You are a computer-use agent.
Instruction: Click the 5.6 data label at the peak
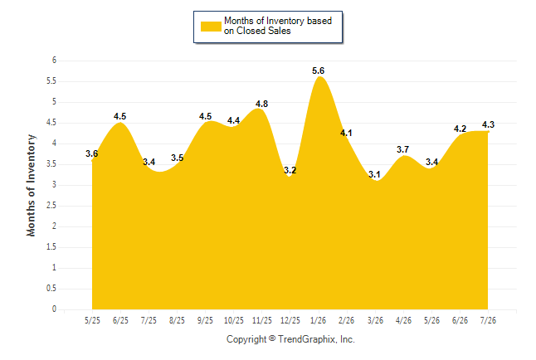(x=318, y=71)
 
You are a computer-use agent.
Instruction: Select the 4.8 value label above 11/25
(x=261, y=104)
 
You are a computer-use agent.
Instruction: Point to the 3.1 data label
(x=374, y=174)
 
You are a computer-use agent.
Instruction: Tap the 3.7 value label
(x=402, y=149)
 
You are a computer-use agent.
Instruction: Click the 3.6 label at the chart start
(x=91, y=153)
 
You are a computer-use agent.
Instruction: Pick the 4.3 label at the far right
(x=488, y=124)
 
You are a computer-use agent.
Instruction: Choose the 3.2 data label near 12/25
(x=290, y=170)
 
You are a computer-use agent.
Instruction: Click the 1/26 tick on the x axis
(x=318, y=321)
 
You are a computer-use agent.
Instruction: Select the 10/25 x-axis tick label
(x=233, y=321)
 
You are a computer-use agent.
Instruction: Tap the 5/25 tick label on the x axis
(x=92, y=321)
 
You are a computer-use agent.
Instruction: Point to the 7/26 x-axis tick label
(x=488, y=321)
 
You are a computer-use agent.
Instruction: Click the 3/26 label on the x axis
(x=375, y=321)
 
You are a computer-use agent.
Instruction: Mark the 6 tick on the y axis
(x=54, y=61)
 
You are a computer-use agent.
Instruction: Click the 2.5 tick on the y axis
(x=51, y=206)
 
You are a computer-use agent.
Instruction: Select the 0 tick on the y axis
(x=54, y=309)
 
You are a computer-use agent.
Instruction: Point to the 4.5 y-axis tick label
(x=51, y=123)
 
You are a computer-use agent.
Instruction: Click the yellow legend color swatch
(x=211, y=27)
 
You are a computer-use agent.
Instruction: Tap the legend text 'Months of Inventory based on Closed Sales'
(x=278, y=26)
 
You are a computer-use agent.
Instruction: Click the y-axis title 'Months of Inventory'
(x=31, y=185)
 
